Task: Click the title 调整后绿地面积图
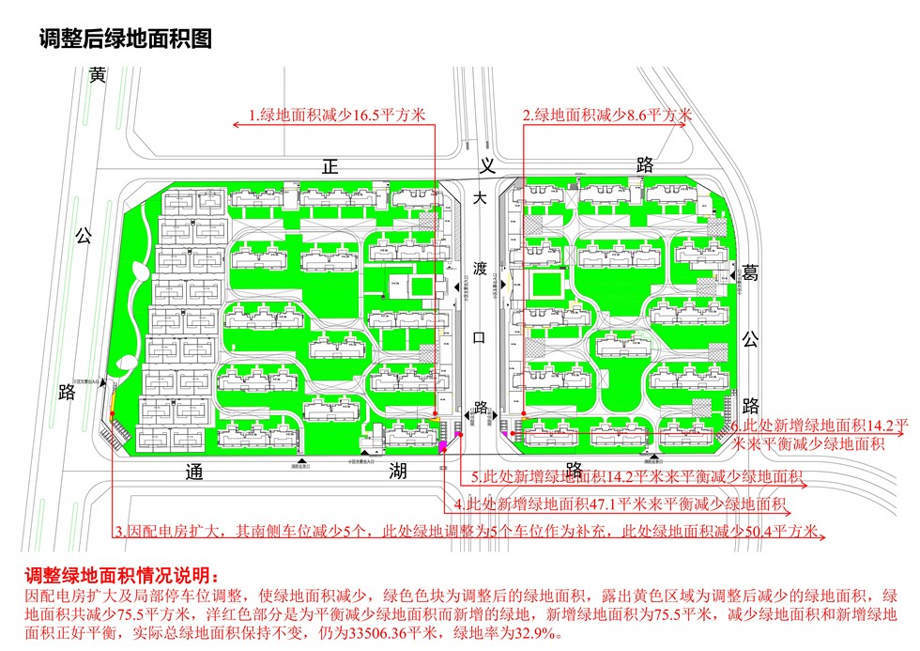124,39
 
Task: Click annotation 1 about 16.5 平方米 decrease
336,116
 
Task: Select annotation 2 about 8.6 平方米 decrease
606,116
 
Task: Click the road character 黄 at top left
98,75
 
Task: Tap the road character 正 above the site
329,166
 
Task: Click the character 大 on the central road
480,199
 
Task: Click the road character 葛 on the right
749,272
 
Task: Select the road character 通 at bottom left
193,472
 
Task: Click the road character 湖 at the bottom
398,472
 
